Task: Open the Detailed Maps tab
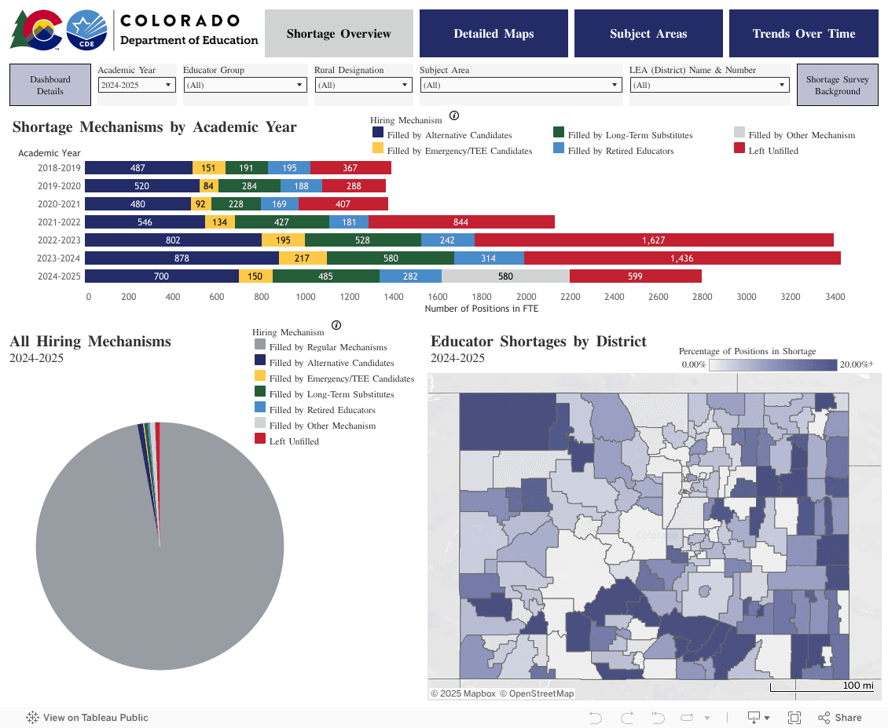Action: (494, 34)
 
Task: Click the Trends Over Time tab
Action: (803, 34)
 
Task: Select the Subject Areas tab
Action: (648, 34)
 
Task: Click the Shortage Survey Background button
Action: (837, 85)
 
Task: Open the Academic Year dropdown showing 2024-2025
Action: (136, 85)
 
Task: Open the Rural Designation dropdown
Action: (363, 85)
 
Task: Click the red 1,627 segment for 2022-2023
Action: (654, 240)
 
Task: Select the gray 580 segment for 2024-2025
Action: (505, 276)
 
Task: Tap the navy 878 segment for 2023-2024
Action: (182, 258)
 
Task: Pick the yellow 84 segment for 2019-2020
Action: (208, 186)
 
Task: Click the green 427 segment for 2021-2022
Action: (281, 222)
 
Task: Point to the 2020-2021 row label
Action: (58, 204)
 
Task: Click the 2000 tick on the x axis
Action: (527, 297)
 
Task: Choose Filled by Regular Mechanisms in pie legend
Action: (328, 347)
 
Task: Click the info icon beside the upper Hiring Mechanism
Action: (454, 116)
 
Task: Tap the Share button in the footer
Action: (840, 718)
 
